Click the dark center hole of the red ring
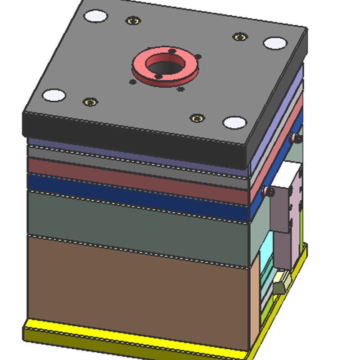[x=165, y=67]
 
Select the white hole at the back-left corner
[x=96, y=17]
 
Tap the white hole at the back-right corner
[x=275, y=43]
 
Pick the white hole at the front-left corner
[x=54, y=95]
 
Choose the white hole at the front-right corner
[x=235, y=122]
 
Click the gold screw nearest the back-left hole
[x=133, y=21]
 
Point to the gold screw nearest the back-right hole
[x=240, y=36]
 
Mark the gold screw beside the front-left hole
[x=91, y=102]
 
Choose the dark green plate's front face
[x=135, y=225]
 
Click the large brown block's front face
[x=135, y=292]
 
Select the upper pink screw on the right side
[x=296, y=138]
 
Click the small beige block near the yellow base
[x=280, y=283]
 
